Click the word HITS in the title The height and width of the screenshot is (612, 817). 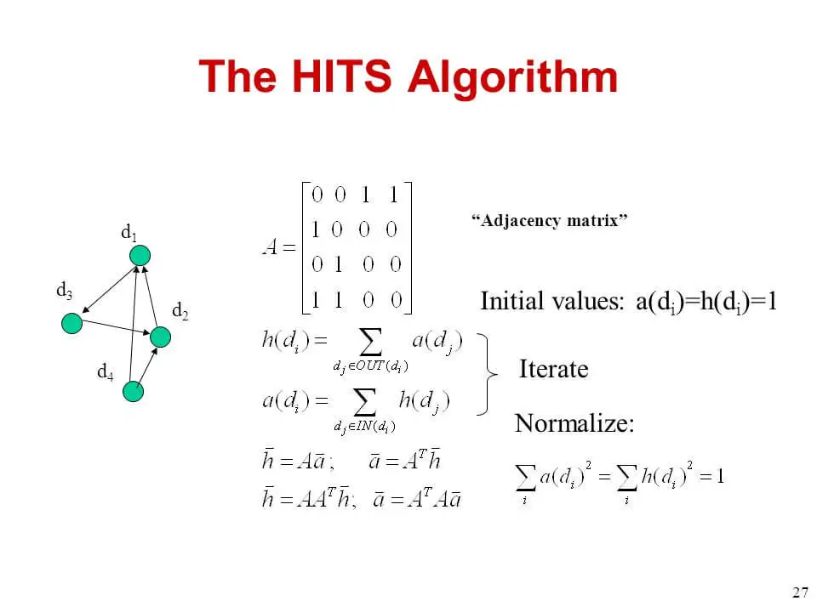pos(341,76)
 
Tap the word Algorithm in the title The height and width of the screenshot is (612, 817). pos(512,78)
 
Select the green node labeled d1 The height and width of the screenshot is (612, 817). pos(140,256)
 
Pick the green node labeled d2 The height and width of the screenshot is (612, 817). pos(161,337)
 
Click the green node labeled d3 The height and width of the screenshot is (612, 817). pos(71,323)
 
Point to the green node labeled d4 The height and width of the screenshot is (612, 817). pos(133,391)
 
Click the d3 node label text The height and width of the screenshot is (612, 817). pos(64,290)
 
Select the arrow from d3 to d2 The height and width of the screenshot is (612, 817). pos(117,326)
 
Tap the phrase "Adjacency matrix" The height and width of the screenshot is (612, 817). pos(549,221)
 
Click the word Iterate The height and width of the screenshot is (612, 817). pos(553,369)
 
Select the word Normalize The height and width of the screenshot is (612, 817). pos(574,423)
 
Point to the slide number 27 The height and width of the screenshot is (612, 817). pos(800,592)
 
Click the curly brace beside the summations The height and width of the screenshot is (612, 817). pos(487,374)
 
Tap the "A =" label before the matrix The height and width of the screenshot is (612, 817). pos(279,246)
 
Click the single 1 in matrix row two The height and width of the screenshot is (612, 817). pos(315,229)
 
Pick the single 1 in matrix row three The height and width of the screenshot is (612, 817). pos(339,264)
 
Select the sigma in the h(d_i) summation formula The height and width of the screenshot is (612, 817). pos(370,343)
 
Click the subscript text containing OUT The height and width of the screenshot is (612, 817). pos(370,366)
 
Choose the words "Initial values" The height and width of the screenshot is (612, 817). pos(551,301)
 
